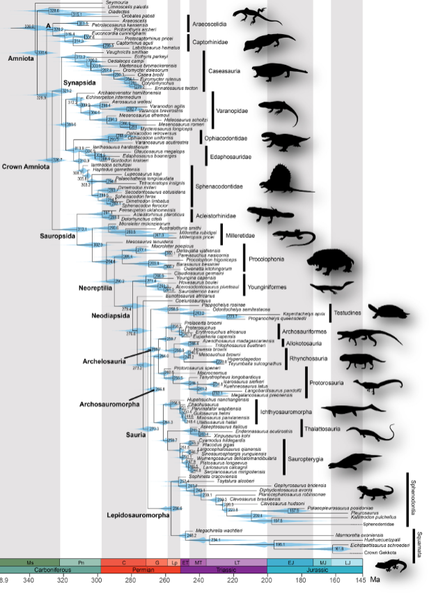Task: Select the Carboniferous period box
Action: pyautogui.click(x=52, y=569)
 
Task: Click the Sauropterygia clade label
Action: pyautogui.click(x=309, y=458)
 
